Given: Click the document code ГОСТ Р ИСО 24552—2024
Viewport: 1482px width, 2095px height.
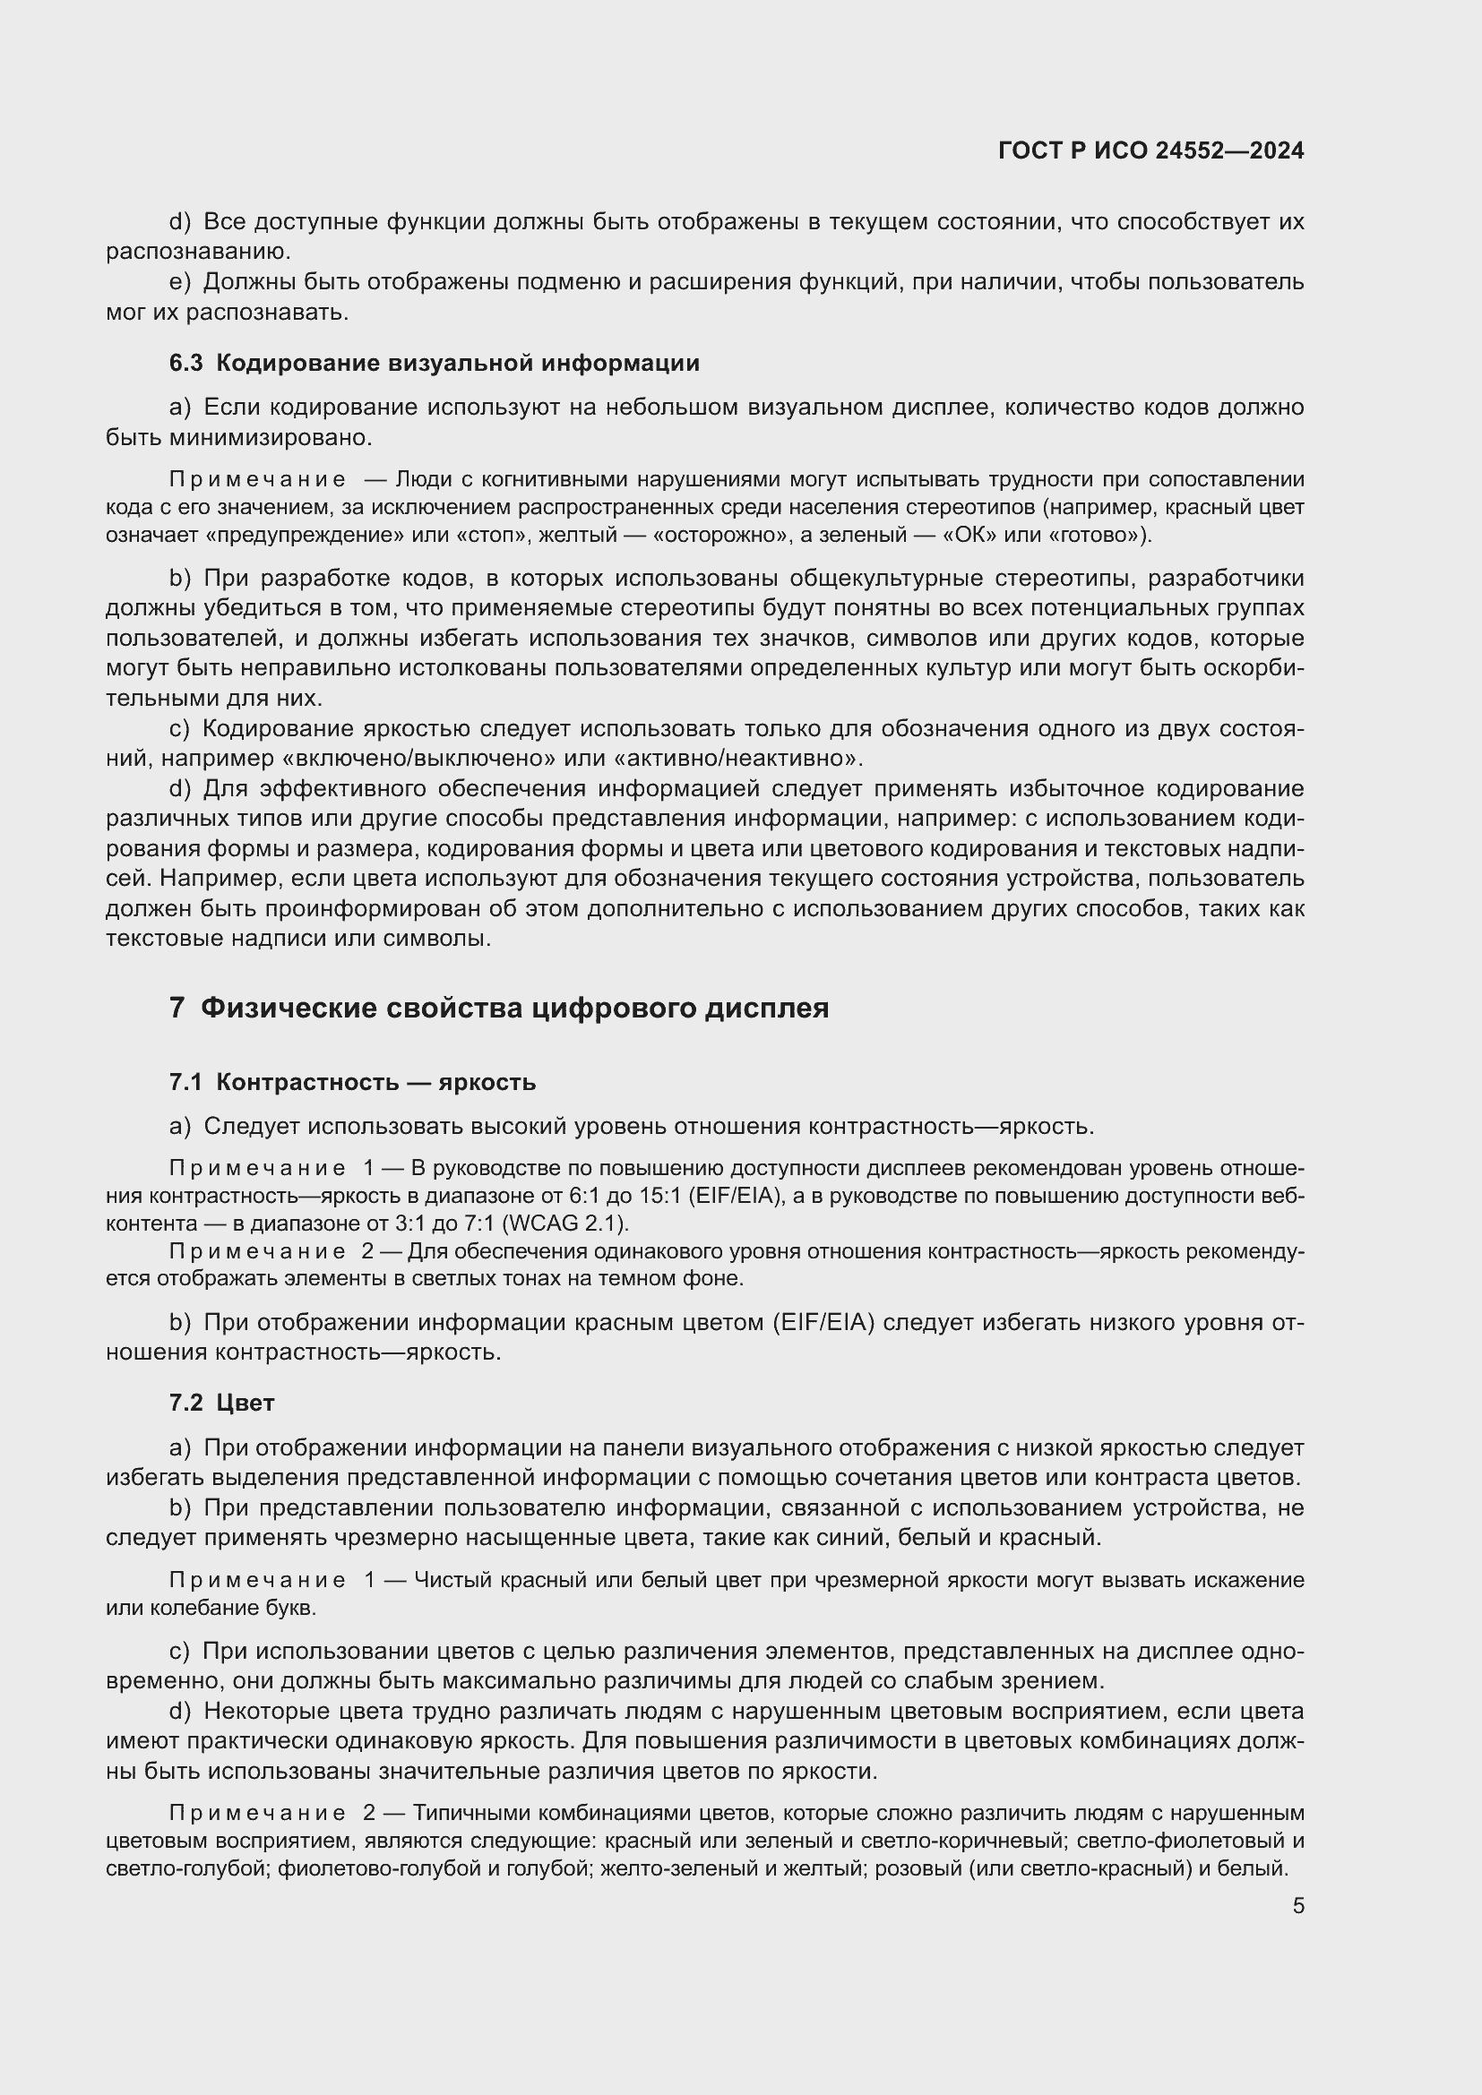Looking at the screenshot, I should (1150, 150).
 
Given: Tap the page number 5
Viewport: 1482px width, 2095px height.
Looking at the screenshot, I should (1297, 1906).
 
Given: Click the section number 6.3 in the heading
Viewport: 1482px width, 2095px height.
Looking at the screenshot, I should (185, 363).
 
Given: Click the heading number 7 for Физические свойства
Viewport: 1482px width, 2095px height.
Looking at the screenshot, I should (177, 1009).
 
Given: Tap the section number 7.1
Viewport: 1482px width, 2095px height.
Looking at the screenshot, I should (185, 1083).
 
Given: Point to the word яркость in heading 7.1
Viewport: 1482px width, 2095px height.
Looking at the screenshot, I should (487, 1083).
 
